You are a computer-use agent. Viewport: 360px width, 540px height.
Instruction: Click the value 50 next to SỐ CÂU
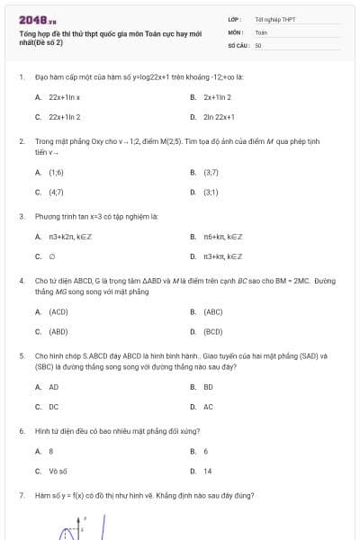coord(258,44)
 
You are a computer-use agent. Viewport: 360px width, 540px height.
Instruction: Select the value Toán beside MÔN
coord(261,31)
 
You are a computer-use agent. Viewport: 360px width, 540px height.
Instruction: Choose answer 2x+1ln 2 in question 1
coord(217,96)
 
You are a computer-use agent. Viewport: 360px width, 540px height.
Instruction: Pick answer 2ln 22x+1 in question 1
coord(219,117)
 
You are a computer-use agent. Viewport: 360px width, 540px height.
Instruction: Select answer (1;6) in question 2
coord(56,171)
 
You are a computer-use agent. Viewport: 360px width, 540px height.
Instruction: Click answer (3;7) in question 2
coord(211,171)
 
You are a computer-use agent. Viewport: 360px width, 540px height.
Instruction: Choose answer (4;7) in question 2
coord(56,192)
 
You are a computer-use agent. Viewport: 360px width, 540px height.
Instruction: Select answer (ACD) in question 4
coord(58,311)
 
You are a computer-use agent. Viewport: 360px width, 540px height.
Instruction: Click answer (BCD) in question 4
coord(213,331)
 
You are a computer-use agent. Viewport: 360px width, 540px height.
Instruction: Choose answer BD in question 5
coord(208,386)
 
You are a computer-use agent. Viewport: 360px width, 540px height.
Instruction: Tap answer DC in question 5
coord(54,407)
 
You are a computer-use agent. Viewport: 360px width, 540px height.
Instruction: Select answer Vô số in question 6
coord(58,471)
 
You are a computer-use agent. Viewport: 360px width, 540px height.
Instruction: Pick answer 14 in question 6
coord(208,471)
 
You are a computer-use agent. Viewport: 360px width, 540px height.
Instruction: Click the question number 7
coord(21,496)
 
